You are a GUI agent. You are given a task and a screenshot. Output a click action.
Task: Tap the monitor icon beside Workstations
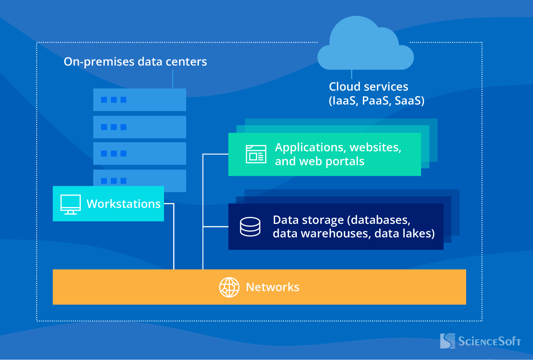[71, 204]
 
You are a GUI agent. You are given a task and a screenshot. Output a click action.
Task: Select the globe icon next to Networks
[229, 287]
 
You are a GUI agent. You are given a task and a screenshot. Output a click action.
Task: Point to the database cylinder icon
[250, 227]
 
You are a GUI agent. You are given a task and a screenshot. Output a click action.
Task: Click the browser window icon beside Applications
[256, 154]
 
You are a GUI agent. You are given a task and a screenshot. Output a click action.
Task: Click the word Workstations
[123, 204]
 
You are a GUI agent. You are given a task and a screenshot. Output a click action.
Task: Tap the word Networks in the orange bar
[273, 287]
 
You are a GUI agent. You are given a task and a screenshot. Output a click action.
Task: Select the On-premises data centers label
[135, 62]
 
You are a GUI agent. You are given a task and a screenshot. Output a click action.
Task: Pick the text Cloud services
[369, 87]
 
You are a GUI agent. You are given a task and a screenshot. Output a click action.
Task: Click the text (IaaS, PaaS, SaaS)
[376, 101]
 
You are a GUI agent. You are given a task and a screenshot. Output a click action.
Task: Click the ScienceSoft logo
[480, 341]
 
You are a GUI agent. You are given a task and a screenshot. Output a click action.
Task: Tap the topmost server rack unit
[139, 100]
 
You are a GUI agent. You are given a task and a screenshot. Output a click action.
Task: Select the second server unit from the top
[139, 127]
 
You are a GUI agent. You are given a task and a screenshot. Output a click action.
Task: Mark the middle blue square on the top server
[114, 100]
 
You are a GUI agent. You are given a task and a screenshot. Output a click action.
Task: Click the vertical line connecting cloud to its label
[351, 74]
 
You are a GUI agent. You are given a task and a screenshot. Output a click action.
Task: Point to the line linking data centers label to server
[173, 79]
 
